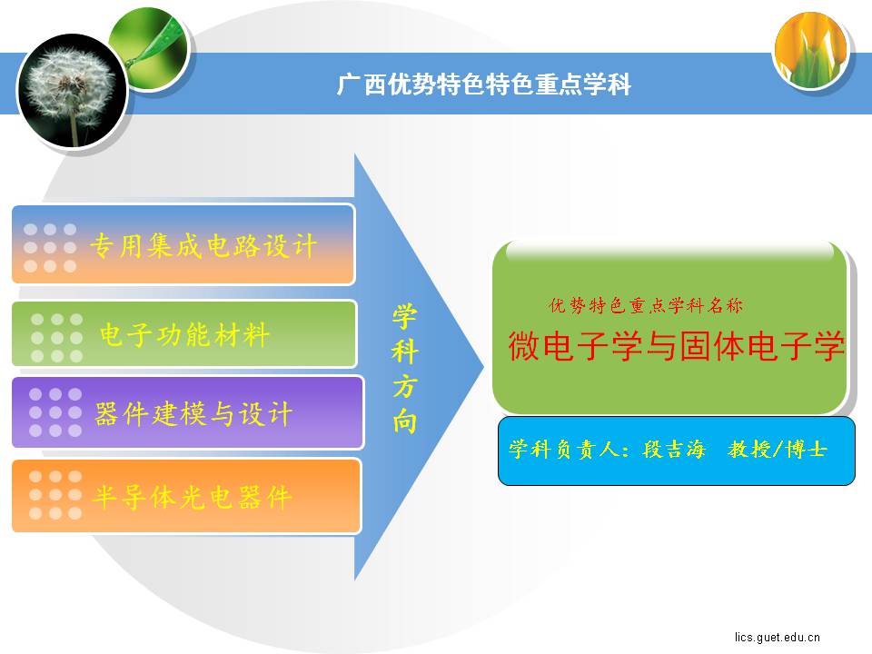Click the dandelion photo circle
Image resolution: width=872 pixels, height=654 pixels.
[x=73, y=90]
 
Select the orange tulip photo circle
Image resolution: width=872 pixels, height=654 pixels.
[x=811, y=50]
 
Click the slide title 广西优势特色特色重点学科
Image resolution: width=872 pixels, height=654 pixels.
[x=484, y=84]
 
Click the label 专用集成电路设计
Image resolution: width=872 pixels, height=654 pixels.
[x=203, y=246]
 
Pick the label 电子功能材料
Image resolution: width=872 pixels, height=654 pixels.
[x=184, y=335]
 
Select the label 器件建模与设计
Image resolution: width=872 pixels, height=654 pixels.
[x=193, y=414]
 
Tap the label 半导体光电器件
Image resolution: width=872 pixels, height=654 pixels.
[x=192, y=497]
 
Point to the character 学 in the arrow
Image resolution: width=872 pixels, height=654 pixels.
[x=404, y=316]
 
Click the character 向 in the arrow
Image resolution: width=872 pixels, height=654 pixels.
[x=404, y=421]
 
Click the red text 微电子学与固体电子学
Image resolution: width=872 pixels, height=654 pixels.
[x=676, y=345]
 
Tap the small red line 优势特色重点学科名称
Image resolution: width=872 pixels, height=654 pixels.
[x=645, y=305]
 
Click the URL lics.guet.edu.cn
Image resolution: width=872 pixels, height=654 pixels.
[x=777, y=638]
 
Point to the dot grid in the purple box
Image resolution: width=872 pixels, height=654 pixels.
[x=55, y=412]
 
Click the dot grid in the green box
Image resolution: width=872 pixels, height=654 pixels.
[x=56, y=338]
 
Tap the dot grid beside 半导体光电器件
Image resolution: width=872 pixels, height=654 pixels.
[x=55, y=495]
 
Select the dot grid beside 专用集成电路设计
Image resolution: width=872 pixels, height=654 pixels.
[x=50, y=247]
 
